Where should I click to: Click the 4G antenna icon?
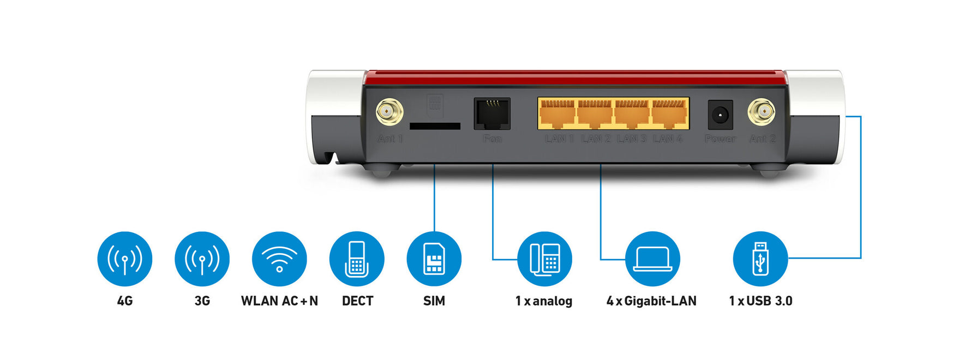coord(125,259)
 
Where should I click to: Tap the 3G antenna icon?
coord(202,259)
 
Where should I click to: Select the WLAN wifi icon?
coord(279,259)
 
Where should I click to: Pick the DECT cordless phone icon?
coord(357,259)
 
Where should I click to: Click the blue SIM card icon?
coord(434,259)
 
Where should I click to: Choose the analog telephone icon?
coord(544,259)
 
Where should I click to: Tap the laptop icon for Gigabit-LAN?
coord(652,259)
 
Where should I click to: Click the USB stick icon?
coord(760,259)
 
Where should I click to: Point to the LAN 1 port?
coord(558,114)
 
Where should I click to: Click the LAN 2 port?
coord(595,114)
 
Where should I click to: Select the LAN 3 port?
coord(632,114)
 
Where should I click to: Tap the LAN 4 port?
coord(669,114)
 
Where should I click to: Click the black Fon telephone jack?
coord(492,113)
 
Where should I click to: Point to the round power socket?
coord(720,115)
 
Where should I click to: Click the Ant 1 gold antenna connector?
coord(389,112)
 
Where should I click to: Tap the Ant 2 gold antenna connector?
coord(762,112)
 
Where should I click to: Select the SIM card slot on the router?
coord(435,126)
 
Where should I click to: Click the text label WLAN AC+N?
coord(279,301)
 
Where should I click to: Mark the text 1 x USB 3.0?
coord(760,301)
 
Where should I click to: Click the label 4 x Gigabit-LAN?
coord(651,301)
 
